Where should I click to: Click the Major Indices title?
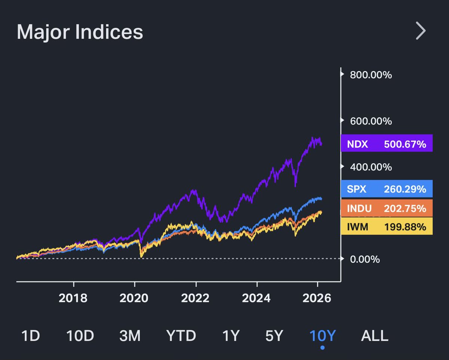point(80,32)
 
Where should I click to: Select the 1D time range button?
point(31,336)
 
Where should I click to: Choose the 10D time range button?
point(80,336)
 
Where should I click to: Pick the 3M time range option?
point(130,336)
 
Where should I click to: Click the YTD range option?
point(181,336)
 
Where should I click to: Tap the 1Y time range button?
point(230,336)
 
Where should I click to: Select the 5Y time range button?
point(274,336)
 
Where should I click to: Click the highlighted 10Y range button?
point(323,336)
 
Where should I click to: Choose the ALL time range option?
point(375,336)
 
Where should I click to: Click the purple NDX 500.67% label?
point(387,143)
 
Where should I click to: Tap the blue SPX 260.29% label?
point(387,189)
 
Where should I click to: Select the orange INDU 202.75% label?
point(387,208)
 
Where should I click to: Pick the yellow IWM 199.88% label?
point(387,226)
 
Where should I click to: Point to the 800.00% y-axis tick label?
point(370,75)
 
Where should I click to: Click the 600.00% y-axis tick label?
point(370,121)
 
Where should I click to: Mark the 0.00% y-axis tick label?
point(364,259)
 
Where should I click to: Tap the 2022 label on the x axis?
point(195,298)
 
